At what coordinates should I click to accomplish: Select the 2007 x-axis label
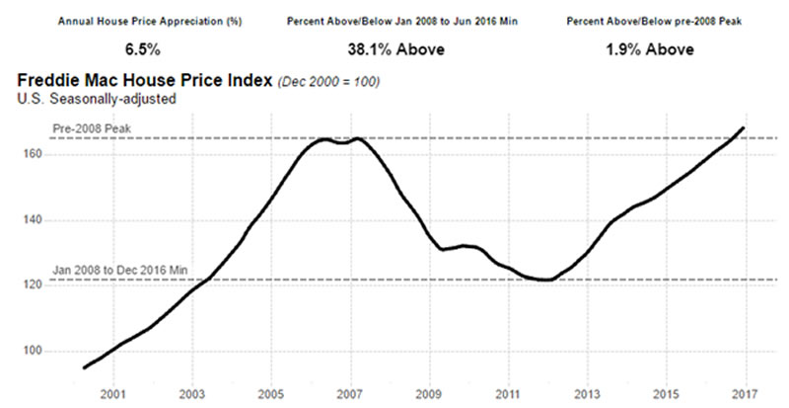349,394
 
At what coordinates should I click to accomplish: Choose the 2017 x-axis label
745,394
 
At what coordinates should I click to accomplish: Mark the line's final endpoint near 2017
743,128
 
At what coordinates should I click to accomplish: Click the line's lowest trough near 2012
545,281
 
